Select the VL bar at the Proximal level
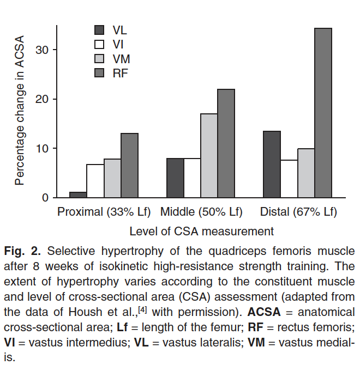[x=78, y=194]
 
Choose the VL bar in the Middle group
[x=175, y=178]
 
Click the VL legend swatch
[x=100, y=30]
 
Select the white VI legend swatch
[x=100, y=44]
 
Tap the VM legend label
[x=121, y=59]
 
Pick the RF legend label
[x=120, y=73]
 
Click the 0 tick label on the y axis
[x=46, y=198]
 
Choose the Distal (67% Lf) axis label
[x=298, y=211]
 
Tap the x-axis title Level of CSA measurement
[x=201, y=231]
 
